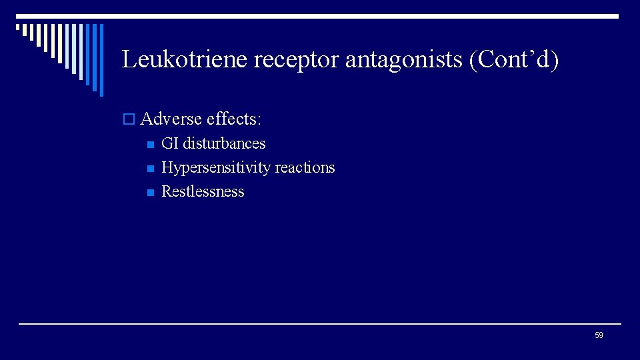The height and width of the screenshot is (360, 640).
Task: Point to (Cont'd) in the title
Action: click(514, 60)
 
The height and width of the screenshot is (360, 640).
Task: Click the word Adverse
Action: click(171, 119)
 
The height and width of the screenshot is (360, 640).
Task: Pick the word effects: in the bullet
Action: click(234, 119)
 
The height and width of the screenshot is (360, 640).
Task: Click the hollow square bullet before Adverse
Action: click(129, 120)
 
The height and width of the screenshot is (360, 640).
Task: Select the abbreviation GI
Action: click(170, 143)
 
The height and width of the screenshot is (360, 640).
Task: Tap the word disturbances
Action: click(224, 143)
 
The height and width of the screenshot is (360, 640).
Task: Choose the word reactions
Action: click(305, 167)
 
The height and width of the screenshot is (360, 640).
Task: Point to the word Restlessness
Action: click(203, 191)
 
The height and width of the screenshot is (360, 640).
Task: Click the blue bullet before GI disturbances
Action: click(149, 144)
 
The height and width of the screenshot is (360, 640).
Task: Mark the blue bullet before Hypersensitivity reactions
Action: click(149, 168)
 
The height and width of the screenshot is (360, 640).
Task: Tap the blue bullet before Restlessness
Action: click(149, 192)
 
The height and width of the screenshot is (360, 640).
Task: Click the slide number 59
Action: click(599, 335)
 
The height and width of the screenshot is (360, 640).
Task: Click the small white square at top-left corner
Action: click(18, 28)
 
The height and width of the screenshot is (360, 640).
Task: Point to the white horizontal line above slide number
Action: click(320, 324)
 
